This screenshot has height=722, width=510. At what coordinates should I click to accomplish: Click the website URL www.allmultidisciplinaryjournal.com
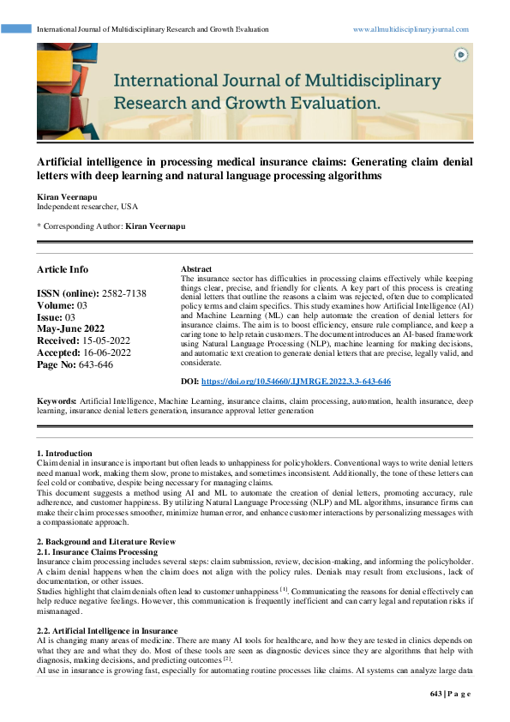411,29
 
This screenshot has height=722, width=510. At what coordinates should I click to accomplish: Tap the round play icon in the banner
461,54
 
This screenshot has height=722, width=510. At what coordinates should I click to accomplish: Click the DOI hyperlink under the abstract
297,381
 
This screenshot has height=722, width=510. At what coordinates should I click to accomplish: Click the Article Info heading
62,269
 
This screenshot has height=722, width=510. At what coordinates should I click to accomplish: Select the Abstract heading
196,269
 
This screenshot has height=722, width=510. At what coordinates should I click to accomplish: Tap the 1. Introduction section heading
63,453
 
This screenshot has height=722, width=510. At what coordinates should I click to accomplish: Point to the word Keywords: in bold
57,401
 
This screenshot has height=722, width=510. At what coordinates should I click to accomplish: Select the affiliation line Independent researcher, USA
87,207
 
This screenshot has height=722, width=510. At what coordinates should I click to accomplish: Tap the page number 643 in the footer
435,693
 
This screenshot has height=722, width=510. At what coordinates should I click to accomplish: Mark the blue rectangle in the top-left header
16,29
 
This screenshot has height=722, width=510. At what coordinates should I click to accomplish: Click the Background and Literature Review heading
110,542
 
